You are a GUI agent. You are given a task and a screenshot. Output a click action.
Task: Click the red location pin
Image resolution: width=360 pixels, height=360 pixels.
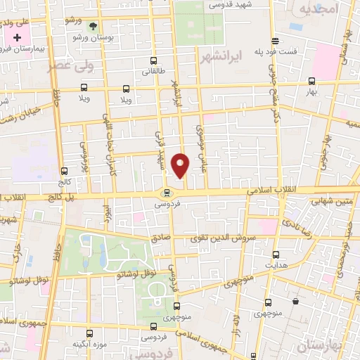click(x=181, y=165)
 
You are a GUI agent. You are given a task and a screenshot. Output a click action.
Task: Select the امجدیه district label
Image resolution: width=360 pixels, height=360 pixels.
click(x=318, y=8)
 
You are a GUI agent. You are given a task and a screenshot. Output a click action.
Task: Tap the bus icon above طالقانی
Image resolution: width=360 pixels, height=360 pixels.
click(x=153, y=60)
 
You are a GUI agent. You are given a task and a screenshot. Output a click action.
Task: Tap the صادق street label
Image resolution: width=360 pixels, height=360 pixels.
click(x=161, y=238)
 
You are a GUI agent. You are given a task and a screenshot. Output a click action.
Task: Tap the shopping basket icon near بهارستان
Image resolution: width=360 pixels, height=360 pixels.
click(x=295, y=302)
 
